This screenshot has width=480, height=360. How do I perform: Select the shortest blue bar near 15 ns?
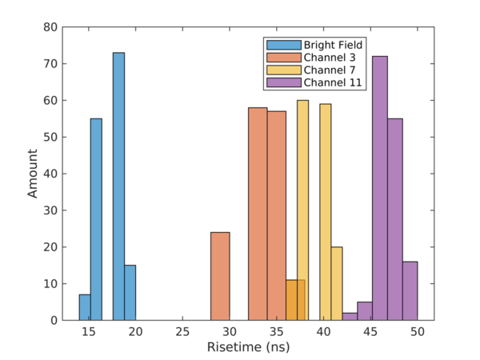[x=84, y=307]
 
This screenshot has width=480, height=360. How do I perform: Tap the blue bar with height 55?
[x=96, y=219]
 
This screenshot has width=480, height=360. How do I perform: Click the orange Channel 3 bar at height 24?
[x=220, y=276]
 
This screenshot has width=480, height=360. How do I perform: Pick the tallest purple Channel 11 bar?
[x=380, y=188]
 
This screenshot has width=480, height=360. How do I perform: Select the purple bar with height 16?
[x=410, y=290]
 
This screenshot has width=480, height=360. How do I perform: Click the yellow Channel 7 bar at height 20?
[x=337, y=283]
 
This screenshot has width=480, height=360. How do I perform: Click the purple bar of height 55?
[x=395, y=219]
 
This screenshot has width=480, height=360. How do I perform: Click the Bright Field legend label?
[x=333, y=45]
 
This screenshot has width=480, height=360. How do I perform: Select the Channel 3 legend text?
[x=329, y=57]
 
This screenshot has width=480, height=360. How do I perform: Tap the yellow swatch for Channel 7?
[x=282, y=70]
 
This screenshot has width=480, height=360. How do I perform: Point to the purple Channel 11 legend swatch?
[x=282, y=82]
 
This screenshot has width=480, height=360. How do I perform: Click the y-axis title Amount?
[x=33, y=174]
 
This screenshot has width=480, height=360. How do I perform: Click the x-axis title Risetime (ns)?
[x=248, y=348]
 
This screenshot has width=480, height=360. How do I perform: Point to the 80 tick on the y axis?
[x=50, y=27]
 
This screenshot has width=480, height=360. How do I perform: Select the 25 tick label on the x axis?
[x=182, y=330]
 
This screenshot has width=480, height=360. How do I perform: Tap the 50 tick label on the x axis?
[x=417, y=330]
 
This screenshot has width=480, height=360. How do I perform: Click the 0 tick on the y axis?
[x=53, y=320]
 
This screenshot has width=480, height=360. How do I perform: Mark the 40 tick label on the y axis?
[x=50, y=174]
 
